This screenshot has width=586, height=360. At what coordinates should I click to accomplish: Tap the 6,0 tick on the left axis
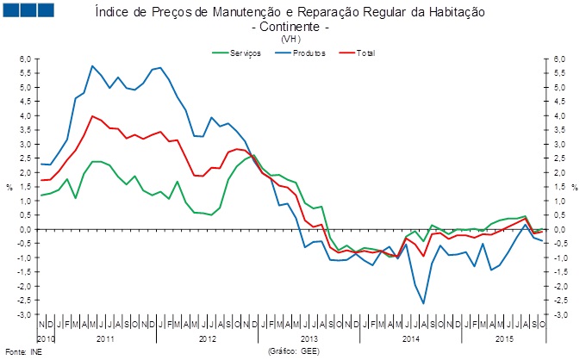pyautogui.click(x=25, y=59)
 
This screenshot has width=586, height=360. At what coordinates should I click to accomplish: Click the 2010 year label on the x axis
pyautogui.click(x=47, y=340)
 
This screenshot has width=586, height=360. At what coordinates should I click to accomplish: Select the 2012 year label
pyautogui.click(x=208, y=340)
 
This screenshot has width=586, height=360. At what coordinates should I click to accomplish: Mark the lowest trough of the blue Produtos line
pyautogui.click(x=423, y=303)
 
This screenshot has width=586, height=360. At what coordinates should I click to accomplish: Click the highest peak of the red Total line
pyautogui.click(x=92, y=115)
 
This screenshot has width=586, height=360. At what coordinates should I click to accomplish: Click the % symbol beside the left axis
pyautogui.click(x=9, y=187)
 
